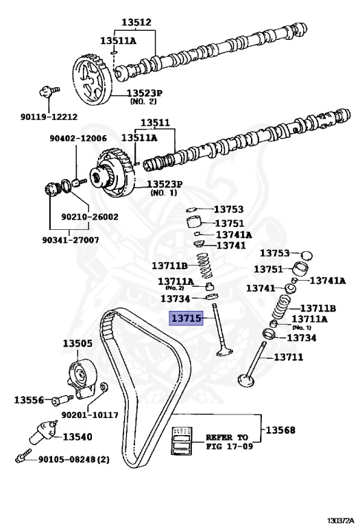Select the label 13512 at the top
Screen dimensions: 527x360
coord(136,23)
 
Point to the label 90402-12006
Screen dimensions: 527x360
coord(77,138)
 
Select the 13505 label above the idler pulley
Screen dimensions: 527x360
coord(77,344)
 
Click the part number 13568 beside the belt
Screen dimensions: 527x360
coord(281,430)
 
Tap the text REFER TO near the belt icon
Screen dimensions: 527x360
coord(228,436)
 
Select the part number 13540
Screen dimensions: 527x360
coord(78,436)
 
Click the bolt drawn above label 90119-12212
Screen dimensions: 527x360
coord(47,91)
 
